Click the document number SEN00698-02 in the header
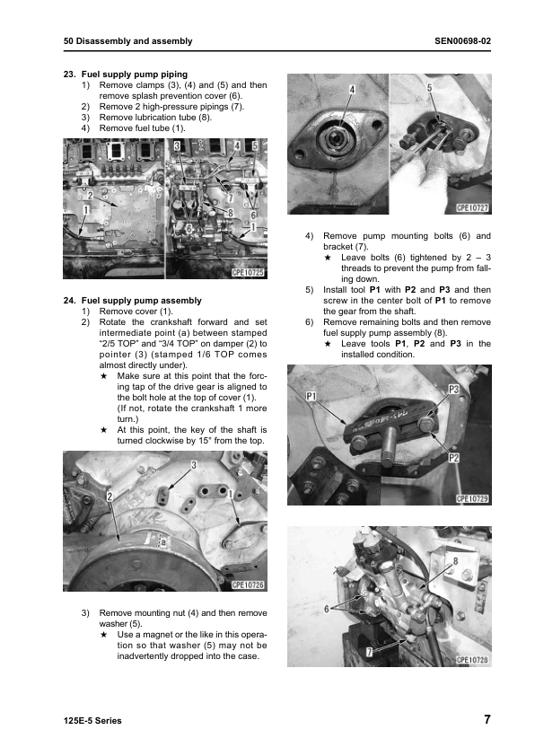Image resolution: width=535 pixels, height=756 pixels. (x=462, y=41)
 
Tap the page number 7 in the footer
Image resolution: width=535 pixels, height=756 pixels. (x=487, y=719)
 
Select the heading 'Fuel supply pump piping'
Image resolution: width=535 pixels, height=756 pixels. (x=135, y=75)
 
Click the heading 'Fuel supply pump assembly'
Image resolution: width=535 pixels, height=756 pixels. (x=141, y=301)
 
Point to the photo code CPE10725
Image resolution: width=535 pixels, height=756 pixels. (x=249, y=272)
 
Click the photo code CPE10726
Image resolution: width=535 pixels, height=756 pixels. (x=249, y=585)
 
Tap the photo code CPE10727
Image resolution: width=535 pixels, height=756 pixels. (x=472, y=207)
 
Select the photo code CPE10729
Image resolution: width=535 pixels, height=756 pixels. (x=472, y=498)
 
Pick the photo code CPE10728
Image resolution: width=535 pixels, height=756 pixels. (x=472, y=660)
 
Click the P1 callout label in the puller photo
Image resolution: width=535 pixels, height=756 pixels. (x=311, y=396)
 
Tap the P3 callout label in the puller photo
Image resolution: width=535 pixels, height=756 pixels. (x=453, y=389)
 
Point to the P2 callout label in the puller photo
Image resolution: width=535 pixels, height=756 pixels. (x=453, y=458)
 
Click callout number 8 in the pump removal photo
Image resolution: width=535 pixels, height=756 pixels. (x=455, y=560)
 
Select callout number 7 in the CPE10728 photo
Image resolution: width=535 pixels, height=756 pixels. (x=369, y=652)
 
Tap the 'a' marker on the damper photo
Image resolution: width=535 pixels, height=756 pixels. (x=162, y=542)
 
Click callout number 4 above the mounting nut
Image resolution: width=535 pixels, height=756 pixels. (x=352, y=89)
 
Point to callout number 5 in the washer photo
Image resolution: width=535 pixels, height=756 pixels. (x=429, y=87)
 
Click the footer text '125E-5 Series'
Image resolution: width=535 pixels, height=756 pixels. (x=92, y=721)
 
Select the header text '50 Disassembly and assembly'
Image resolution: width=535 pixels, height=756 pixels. (x=127, y=41)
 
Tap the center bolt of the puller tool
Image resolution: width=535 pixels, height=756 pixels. (x=388, y=447)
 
